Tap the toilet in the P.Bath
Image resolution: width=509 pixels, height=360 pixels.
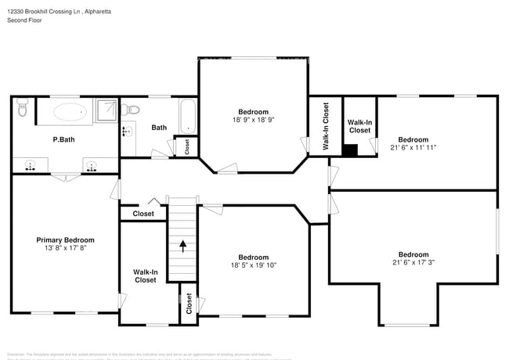tap(22, 110)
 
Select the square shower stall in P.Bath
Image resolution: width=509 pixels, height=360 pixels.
tap(105, 111)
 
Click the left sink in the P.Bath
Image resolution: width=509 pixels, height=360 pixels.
tap(31, 165)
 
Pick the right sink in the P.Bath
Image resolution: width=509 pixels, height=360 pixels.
tap(91, 165)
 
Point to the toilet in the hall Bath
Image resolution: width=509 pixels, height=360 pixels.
tap(132, 109)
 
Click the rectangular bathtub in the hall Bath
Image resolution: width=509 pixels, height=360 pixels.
tap(187, 116)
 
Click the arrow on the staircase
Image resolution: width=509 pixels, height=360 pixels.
tap(183, 246)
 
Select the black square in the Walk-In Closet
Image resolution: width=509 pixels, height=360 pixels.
tap(351, 149)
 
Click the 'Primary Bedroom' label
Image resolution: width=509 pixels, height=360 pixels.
tap(66, 240)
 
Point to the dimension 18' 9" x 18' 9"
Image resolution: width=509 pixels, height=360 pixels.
tap(253, 121)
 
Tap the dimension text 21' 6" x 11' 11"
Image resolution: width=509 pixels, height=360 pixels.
tap(413, 147)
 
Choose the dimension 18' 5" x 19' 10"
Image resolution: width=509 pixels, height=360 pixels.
tap(254, 265)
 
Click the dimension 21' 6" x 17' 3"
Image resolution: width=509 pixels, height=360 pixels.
tap(413, 262)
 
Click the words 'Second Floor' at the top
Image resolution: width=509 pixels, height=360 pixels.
tap(25, 20)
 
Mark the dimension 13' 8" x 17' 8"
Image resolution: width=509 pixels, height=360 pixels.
tap(66, 249)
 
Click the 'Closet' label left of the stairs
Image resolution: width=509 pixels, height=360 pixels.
tap(143, 214)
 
